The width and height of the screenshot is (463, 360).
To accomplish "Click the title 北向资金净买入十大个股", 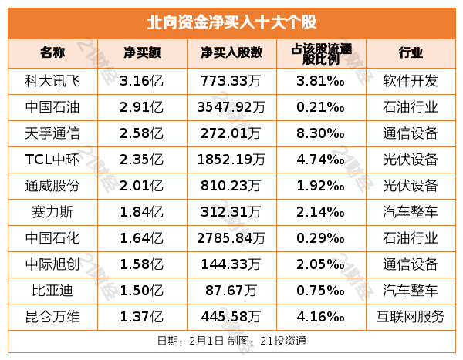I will tap(231, 22).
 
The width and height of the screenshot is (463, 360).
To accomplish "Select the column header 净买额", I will tap(142, 53).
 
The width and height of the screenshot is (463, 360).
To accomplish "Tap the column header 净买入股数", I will tap(232, 53).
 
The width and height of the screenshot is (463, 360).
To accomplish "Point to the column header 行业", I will tap(411, 53).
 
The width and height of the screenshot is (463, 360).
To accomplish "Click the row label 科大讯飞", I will tap(53, 80).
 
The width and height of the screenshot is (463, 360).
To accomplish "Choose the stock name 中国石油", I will tap(53, 106).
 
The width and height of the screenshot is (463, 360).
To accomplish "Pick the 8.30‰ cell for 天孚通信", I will tap(320, 133).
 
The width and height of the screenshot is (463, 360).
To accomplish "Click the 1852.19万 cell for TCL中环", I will tap(232, 159).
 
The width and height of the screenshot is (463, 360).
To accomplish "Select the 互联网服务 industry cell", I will tap(411, 316).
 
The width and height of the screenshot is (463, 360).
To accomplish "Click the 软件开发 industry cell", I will tap(411, 80).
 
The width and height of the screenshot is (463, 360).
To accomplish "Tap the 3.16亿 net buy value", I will tap(142, 80).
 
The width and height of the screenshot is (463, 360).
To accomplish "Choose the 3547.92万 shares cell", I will tap(232, 106).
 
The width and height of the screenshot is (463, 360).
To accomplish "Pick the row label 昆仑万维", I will tap(53, 316).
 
